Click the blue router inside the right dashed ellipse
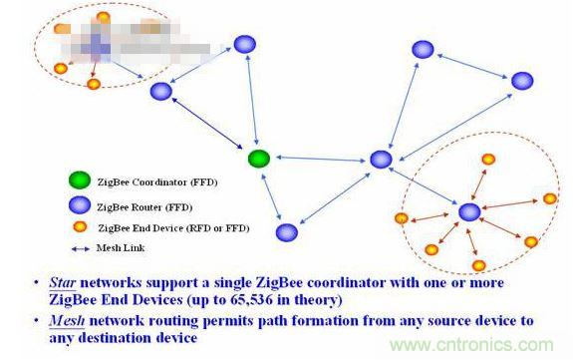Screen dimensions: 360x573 click(469, 211)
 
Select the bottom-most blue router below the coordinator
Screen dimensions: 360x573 click(287, 232)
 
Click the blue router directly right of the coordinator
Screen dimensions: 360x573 click(381, 159)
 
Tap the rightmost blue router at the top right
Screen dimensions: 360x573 click(522, 81)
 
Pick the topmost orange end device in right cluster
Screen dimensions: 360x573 click(488, 159)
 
